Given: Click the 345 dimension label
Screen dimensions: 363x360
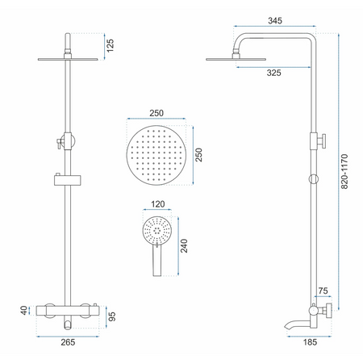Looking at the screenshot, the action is coord(275,21).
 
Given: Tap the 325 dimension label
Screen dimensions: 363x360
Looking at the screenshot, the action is coord(273,73).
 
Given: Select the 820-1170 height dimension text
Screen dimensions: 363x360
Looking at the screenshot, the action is coord(344,171).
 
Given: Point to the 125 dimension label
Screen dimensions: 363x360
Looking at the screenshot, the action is coord(110,45).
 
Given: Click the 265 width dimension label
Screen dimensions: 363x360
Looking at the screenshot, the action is coord(68,342).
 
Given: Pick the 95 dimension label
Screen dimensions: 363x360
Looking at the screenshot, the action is coord(111,316).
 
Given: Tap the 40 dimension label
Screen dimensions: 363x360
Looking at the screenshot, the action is coord(23,310).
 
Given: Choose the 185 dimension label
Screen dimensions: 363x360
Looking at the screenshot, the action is coord(310,342).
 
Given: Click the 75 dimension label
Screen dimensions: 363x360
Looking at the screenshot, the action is coord(323,291).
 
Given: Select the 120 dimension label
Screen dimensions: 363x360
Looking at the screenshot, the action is coord(157,204).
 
